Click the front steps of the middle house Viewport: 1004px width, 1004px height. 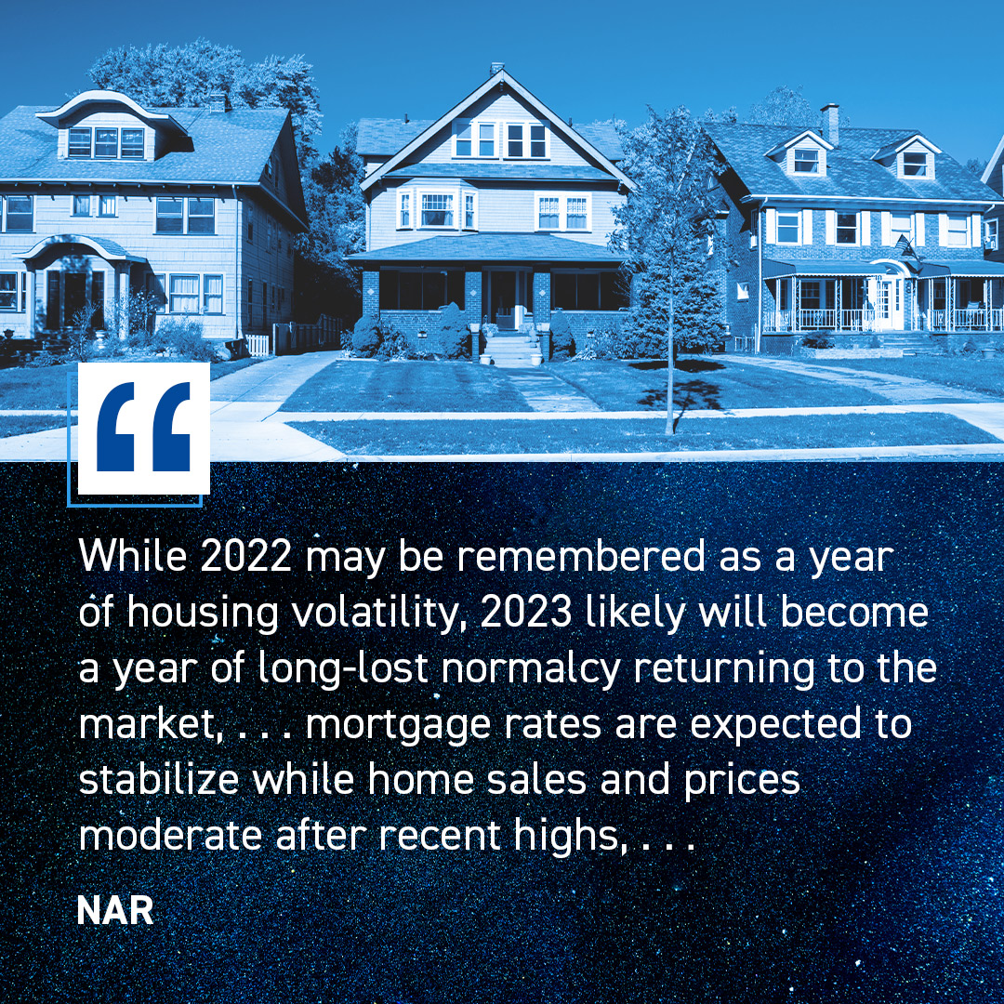coord(509,350)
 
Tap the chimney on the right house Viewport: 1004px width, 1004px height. coord(829,125)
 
